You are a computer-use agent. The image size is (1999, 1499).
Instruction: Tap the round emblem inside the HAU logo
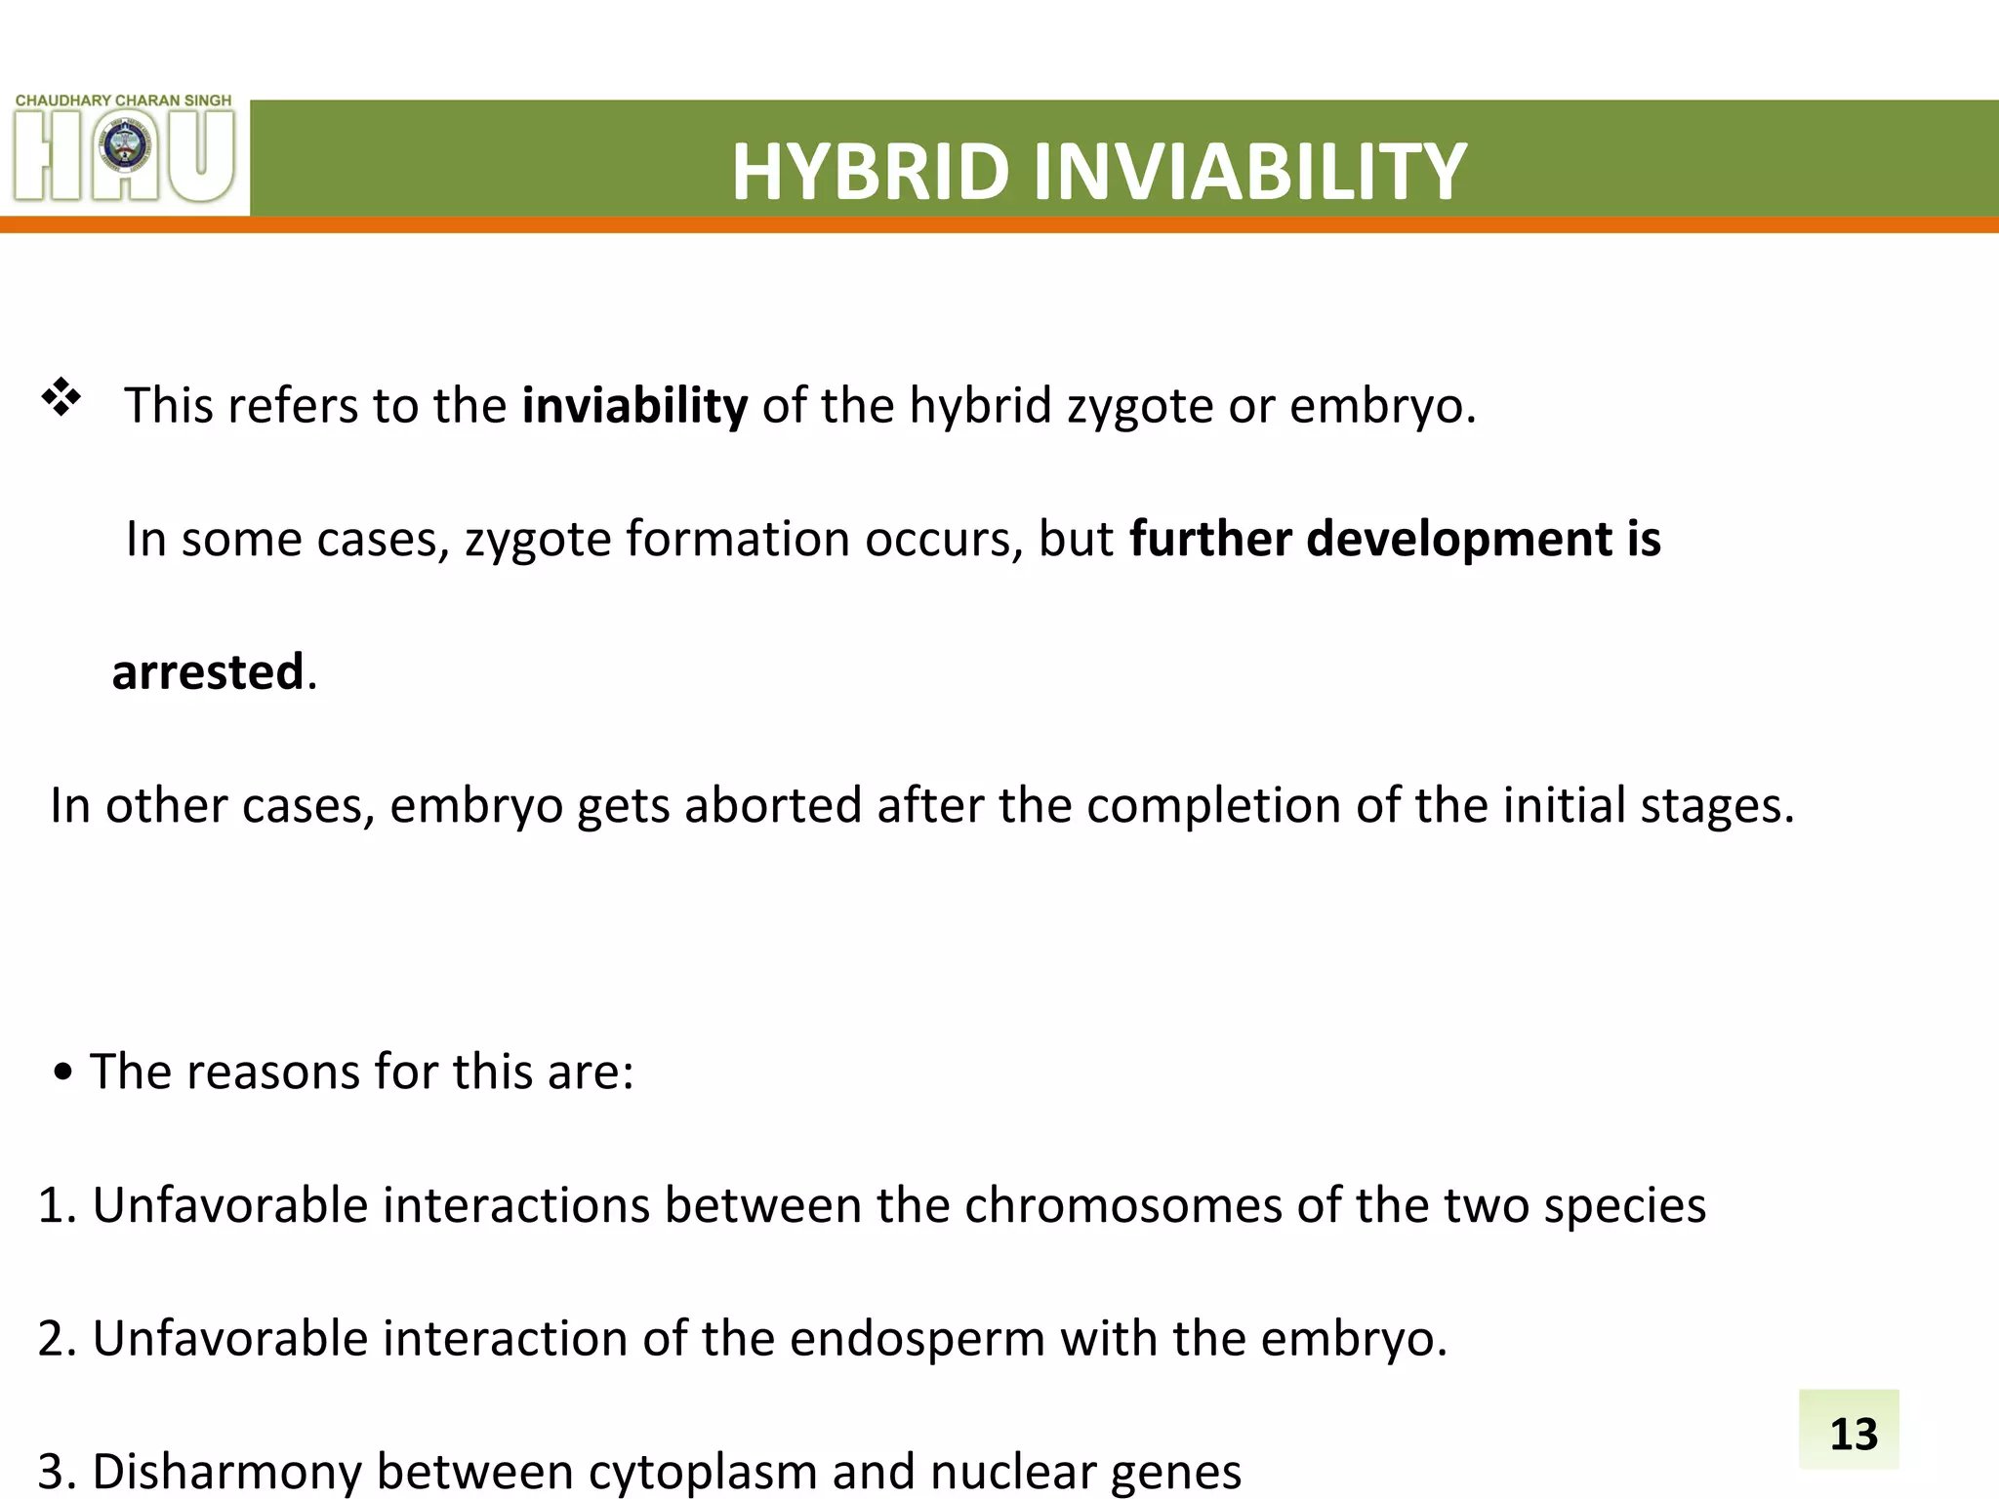pyautogui.click(x=125, y=149)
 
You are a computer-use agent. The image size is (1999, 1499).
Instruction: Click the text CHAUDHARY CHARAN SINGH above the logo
pyautogui.click(x=124, y=101)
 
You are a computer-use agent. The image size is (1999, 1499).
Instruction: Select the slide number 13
pyautogui.click(x=1853, y=1434)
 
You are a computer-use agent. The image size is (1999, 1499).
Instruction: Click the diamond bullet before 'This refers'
pyautogui.click(x=61, y=397)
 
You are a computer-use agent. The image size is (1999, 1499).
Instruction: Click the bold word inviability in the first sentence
pyautogui.click(x=634, y=405)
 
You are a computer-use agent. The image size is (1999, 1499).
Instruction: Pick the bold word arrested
pyautogui.click(x=208, y=672)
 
